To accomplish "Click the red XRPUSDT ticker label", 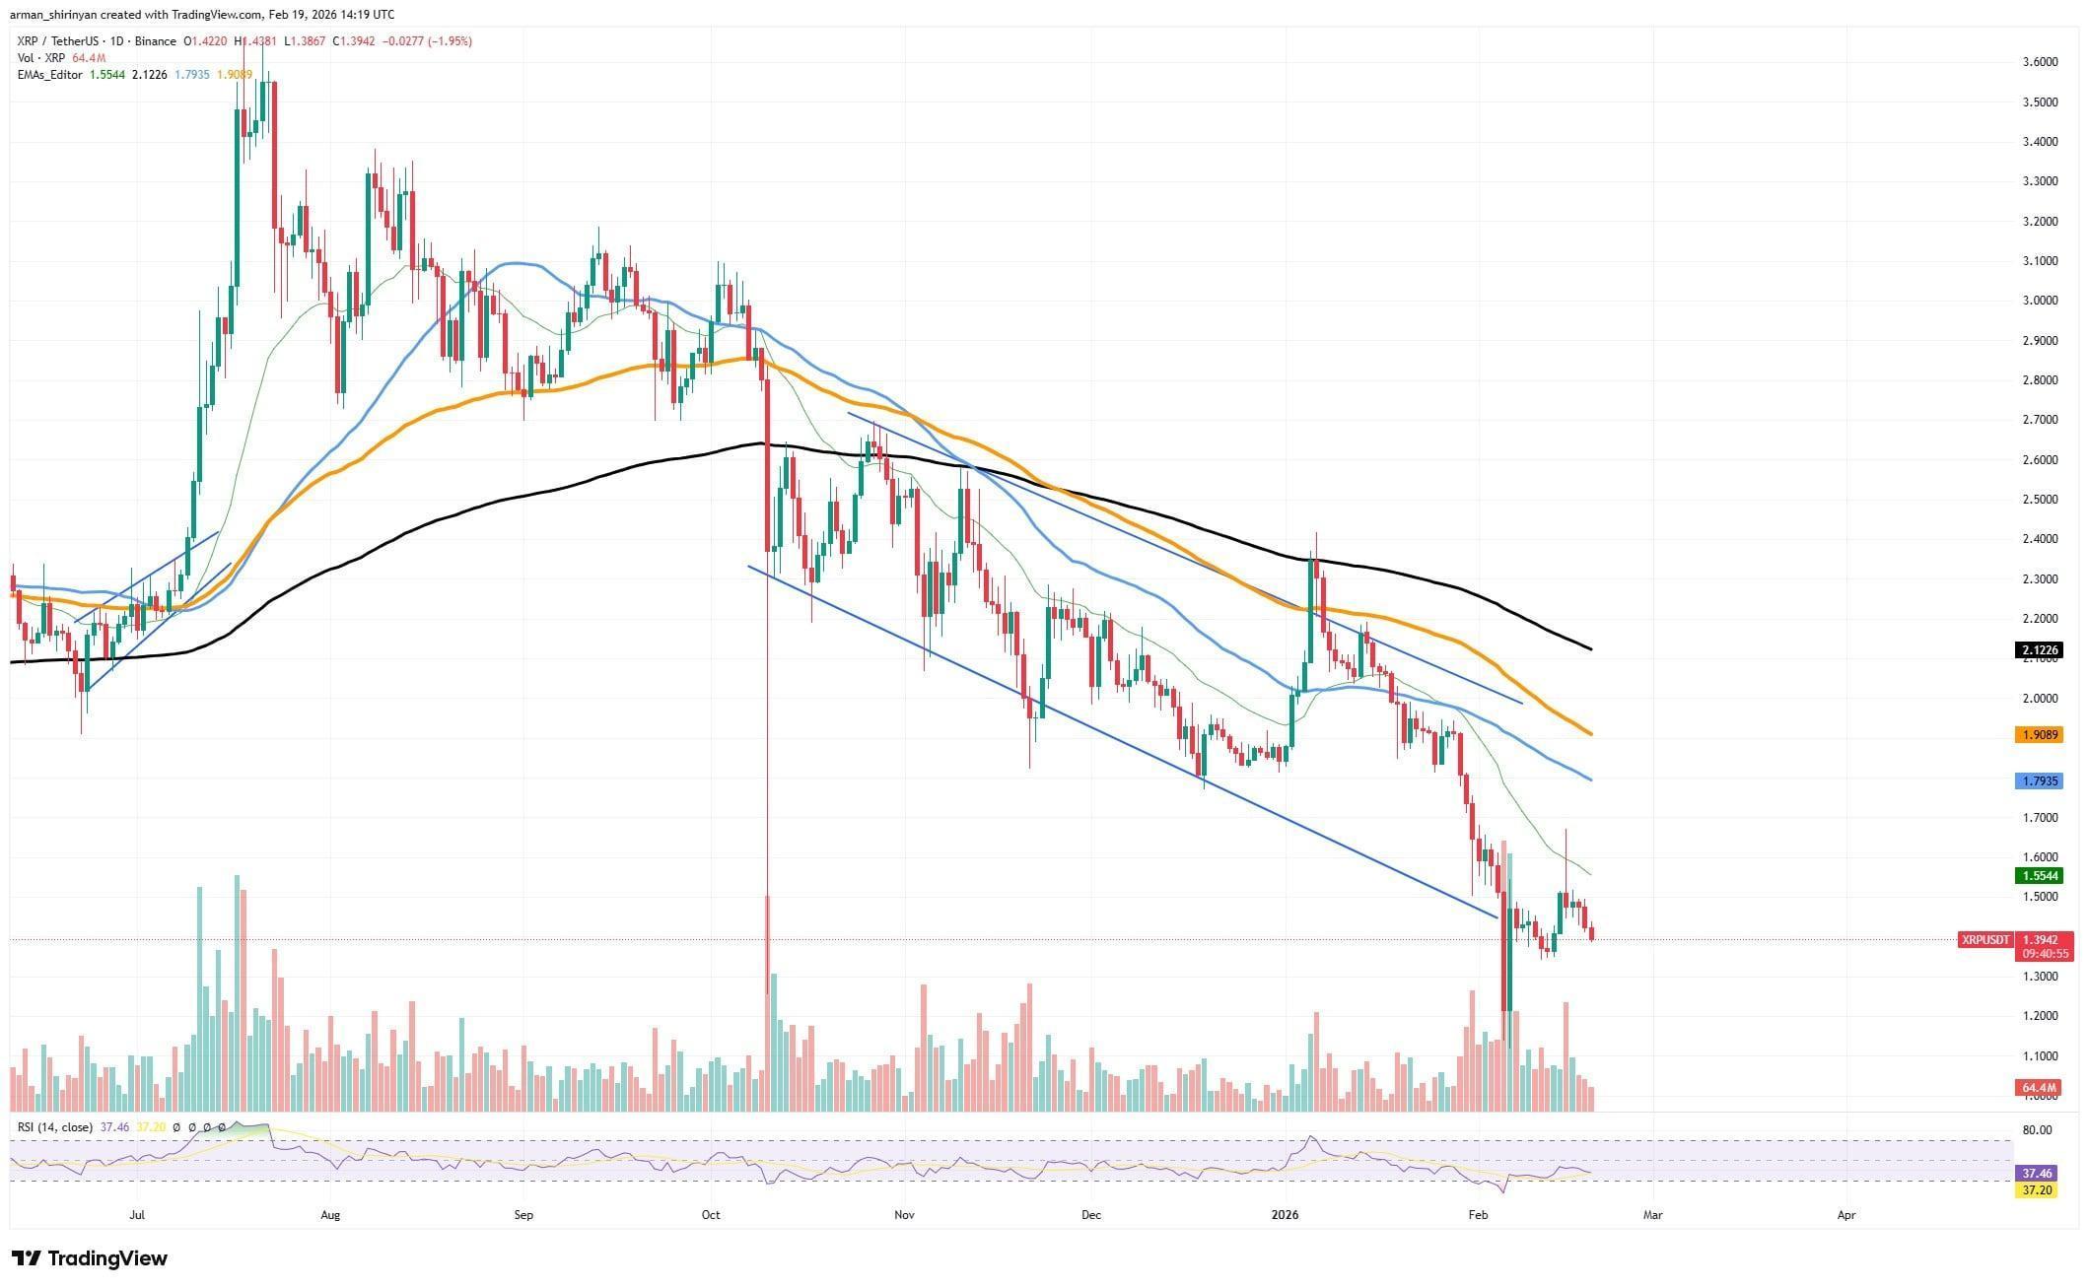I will point(1985,940).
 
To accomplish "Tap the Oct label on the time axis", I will point(711,1215).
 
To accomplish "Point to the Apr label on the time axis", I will point(1846,1215).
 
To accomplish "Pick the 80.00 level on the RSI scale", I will point(2029,1130).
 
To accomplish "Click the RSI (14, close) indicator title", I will point(55,1127).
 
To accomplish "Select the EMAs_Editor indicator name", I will point(50,75).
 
